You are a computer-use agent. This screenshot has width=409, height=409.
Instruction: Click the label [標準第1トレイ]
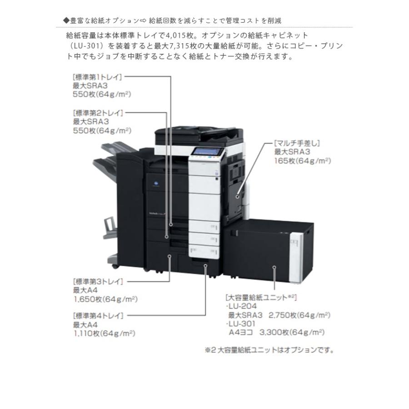pos(97,77)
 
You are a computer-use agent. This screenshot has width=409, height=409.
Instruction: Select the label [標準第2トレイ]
pos(97,112)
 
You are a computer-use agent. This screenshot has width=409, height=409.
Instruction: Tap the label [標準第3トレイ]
pos(97,281)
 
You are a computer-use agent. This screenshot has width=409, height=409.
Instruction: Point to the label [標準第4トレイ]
pos(97,315)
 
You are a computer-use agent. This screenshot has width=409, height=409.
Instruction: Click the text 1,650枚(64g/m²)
pos(105,299)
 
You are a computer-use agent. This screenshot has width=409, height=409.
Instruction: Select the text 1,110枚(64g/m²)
pos(105,333)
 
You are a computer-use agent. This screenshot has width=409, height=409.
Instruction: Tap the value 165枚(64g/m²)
pos(302,161)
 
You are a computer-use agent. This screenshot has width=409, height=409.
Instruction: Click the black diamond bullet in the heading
pos(66,21)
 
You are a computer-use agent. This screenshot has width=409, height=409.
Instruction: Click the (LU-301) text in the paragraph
pos(85,46)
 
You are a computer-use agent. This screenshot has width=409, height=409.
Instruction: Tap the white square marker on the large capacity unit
pos(274,268)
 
